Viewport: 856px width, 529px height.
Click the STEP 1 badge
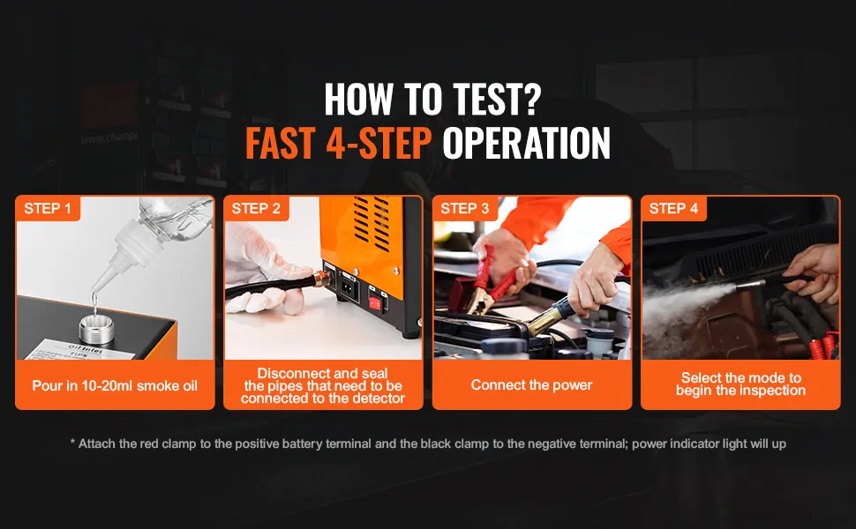click(x=48, y=208)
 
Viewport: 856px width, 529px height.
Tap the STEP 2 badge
click(x=256, y=208)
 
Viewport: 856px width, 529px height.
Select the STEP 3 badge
click(x=464, y=208)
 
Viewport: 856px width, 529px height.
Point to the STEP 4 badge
click(x=673, y=208)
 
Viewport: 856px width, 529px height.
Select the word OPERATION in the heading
click(x=526, y=143)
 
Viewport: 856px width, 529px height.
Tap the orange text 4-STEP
click(x=379, y=143)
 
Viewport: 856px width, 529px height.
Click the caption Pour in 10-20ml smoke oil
click(x=115, y=386)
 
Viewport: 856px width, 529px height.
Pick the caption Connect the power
click(x=532, y=385)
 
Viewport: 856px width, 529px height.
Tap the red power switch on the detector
click(x=375, y=303)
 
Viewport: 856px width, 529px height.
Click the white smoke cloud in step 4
click(x=682, y=307)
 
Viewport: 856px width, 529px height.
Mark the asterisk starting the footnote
click(x=72, y=442)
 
